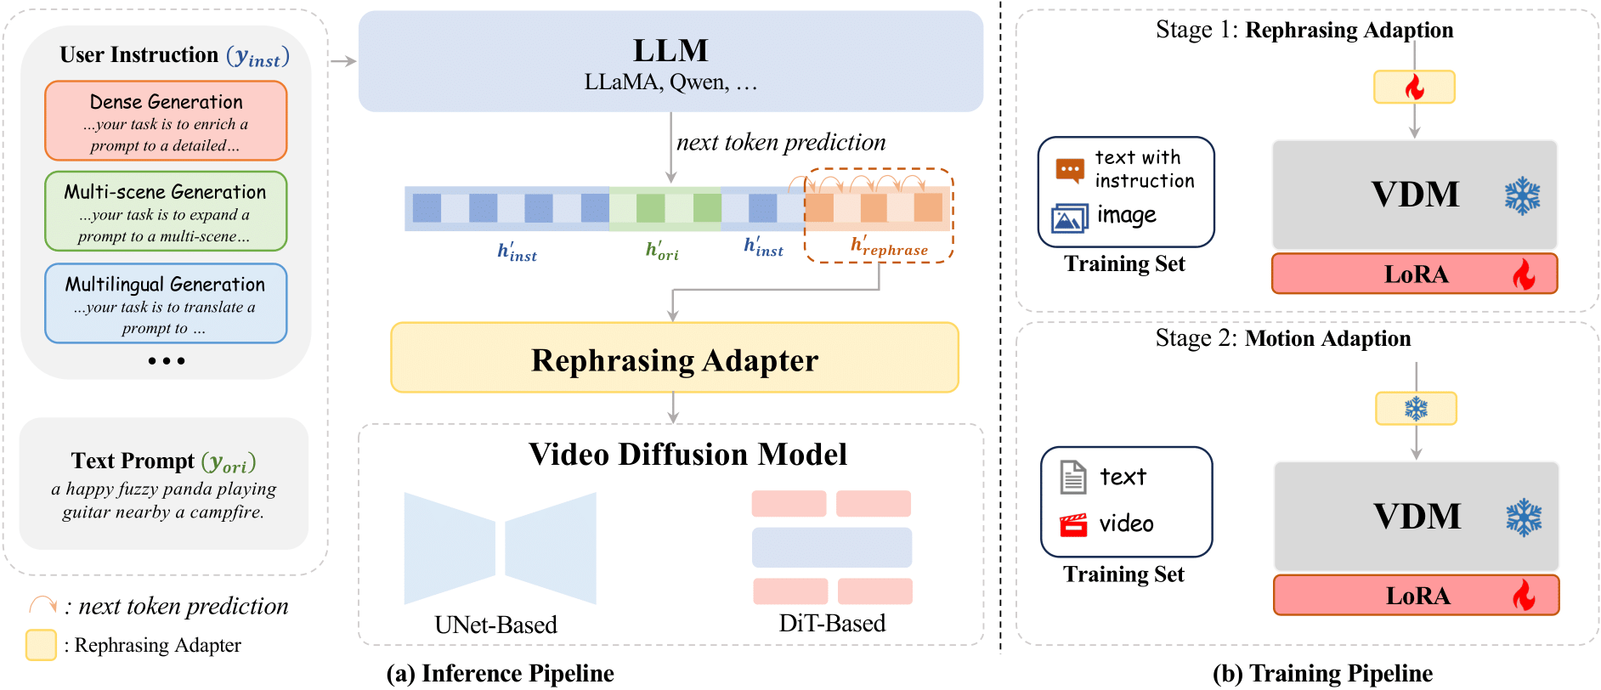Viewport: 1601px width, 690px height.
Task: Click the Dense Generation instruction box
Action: tap(166, 121)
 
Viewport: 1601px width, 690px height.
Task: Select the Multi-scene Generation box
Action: tap(166, 212)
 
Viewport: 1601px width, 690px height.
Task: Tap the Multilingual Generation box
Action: tap(166, 303)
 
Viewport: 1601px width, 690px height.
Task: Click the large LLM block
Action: tap(670, 61)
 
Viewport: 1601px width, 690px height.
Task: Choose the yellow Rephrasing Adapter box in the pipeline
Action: tap(674, 358)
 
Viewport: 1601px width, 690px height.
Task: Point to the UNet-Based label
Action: tap(495, 625)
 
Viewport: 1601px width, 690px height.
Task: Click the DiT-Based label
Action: tap(832, 623)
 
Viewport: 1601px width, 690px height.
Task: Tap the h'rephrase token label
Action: tap(889, 246)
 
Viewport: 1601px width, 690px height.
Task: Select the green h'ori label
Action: tap(662, 250)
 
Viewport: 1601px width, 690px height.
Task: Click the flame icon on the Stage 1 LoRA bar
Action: tap(1524, 274)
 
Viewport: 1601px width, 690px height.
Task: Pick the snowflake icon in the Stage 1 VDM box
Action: tap(1522, 195)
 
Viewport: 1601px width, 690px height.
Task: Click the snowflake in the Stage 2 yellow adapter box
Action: tap(1416, 409)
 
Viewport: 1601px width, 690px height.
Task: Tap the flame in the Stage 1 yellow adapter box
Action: tap(1414, 87)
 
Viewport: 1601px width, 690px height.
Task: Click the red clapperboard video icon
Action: tap(1073, 524)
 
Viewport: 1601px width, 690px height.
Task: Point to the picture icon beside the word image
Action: tap(1069, 218)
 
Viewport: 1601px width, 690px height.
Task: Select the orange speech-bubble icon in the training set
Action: tap(1070, 170)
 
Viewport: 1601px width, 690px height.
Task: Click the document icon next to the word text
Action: tap(1073, 477)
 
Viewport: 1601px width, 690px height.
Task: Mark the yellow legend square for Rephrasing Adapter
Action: tap(41, 645)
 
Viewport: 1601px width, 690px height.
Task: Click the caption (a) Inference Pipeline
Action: tap(500, 673)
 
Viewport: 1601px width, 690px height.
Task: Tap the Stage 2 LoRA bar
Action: tap(1416, 595)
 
